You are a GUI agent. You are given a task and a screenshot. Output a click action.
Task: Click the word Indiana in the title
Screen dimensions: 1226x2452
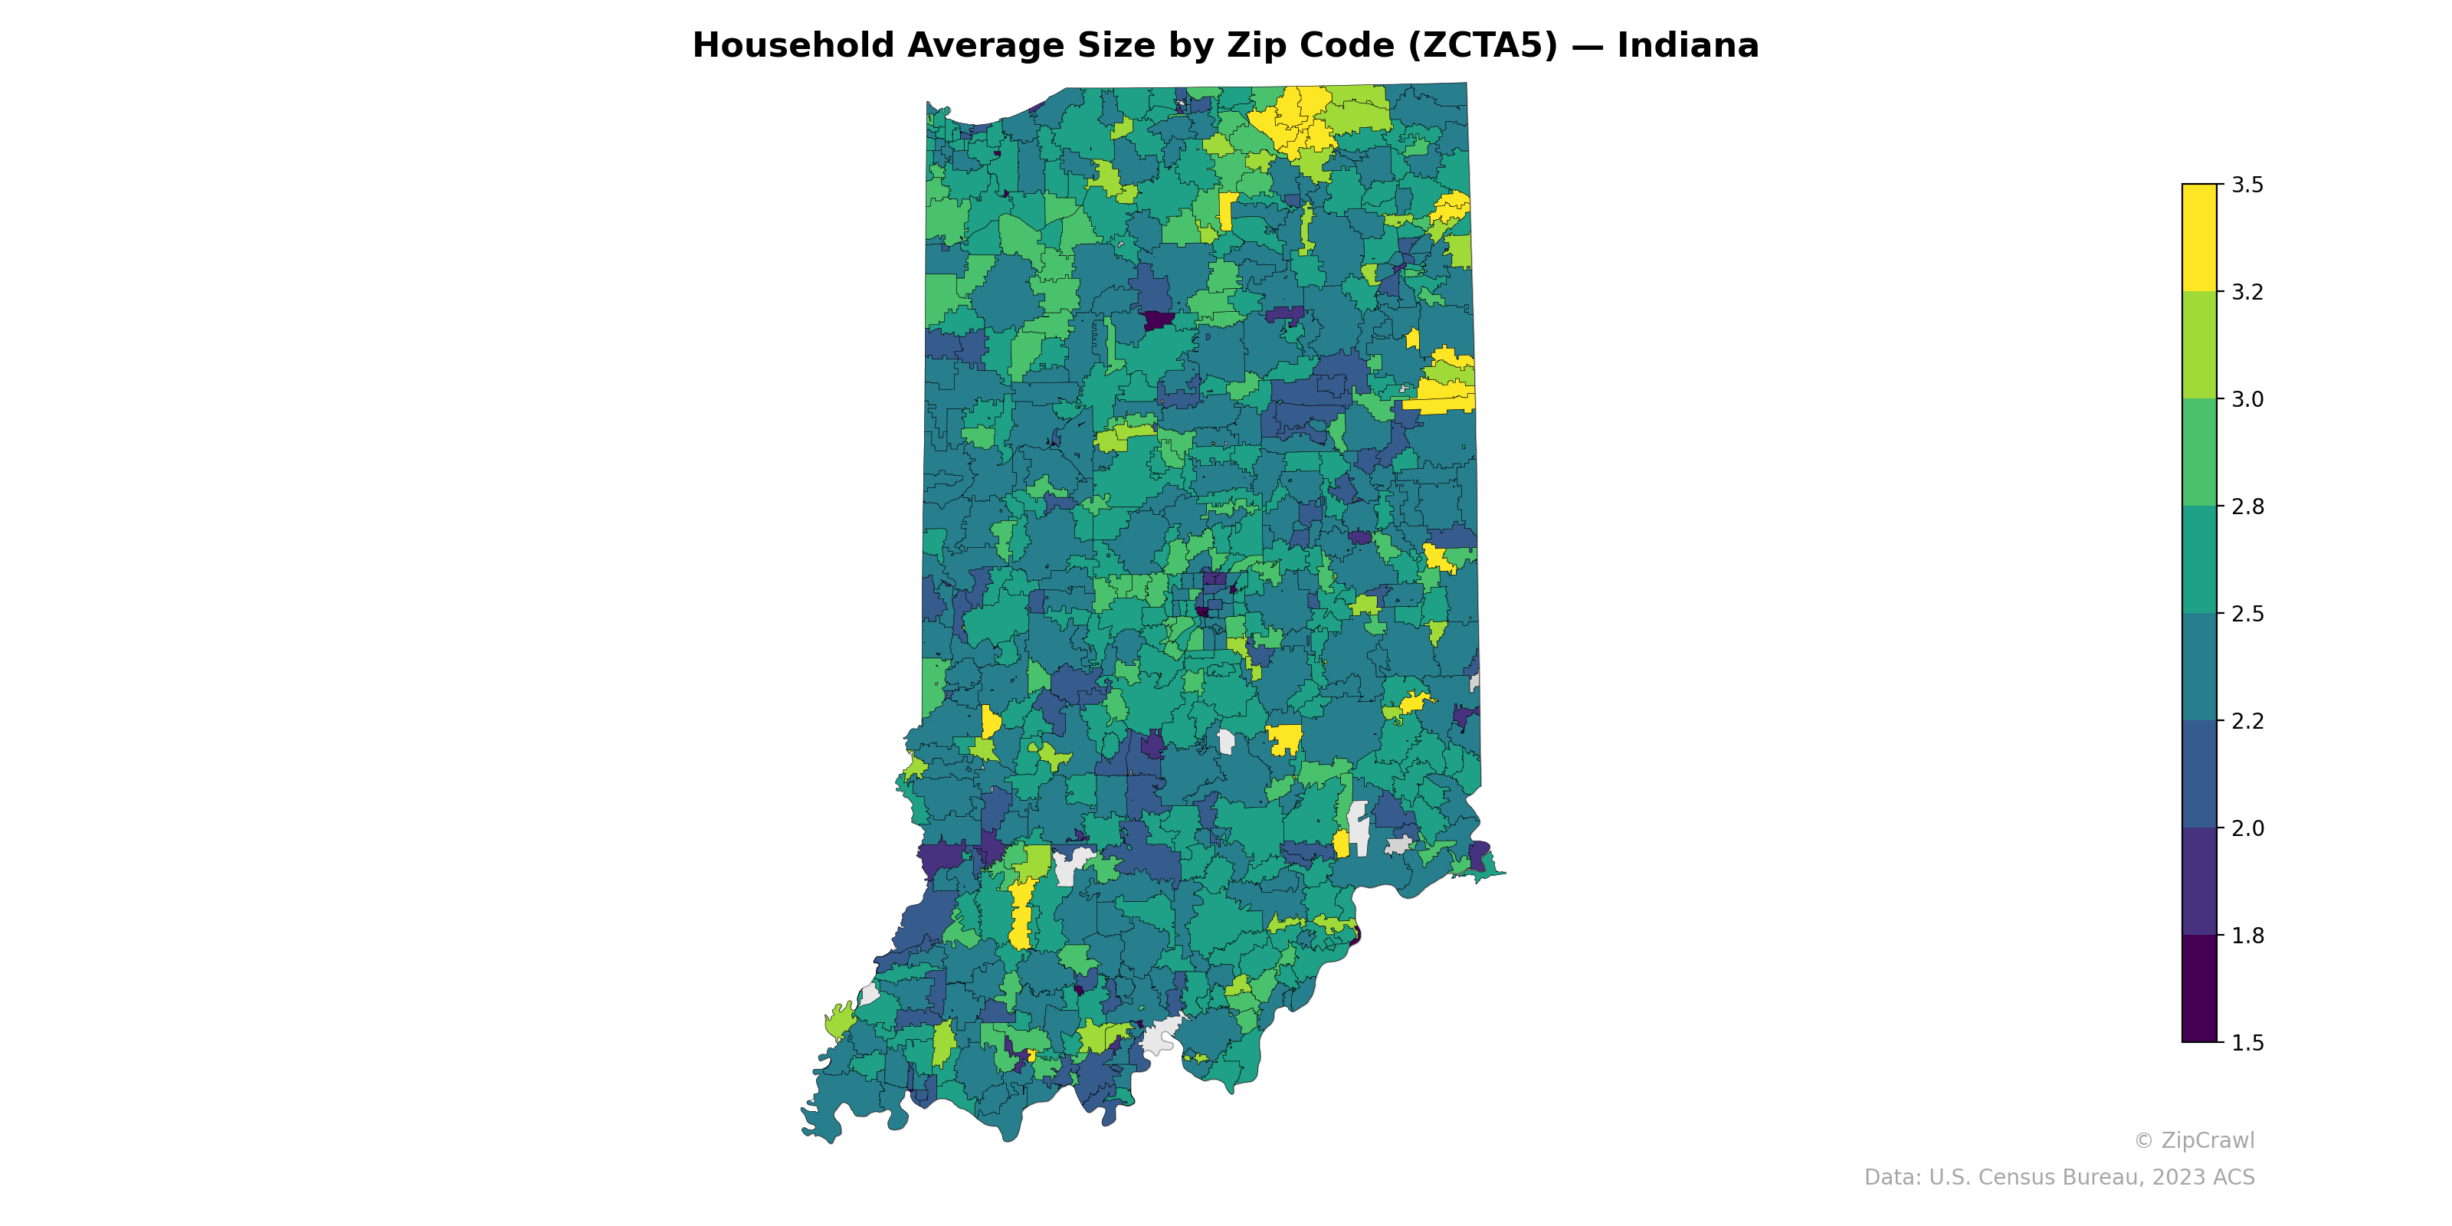(x=1687, y=46)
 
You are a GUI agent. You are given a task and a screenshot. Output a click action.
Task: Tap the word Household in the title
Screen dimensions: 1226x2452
(x=794, y=46)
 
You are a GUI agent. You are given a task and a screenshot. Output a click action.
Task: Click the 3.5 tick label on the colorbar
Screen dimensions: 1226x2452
(x=2247, y=185)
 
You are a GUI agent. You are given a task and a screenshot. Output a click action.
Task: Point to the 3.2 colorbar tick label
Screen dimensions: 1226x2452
(x=2247, y=292)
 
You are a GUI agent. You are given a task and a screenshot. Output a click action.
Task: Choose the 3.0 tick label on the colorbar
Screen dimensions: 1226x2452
(x=2247, y=400)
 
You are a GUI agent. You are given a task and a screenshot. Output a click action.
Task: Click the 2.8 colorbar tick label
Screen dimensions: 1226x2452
(x=2247, y=506)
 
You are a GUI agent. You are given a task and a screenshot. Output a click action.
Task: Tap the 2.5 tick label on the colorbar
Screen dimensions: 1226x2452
(x=2247, y=614)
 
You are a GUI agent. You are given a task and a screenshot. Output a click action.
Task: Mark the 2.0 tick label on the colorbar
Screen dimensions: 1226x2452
(x=2247, y=828)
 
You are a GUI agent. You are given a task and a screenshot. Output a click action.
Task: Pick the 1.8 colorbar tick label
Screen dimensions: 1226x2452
(x=2247, y=936)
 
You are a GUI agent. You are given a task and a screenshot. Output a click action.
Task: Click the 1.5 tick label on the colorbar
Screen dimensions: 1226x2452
(x=2247, y=1043)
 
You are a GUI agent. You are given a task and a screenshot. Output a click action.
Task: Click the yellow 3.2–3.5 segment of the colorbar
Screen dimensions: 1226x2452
(x=2199, y=238)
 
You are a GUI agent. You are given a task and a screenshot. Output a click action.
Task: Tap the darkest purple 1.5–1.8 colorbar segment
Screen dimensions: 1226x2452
(x=2199, y=989)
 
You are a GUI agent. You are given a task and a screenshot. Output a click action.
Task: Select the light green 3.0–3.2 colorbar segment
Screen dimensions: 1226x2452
(x=2199, y=346)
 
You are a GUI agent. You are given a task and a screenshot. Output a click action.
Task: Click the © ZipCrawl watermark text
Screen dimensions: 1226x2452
(x=2194, y=1140)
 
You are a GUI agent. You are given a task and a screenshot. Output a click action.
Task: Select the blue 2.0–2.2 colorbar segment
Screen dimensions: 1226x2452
(x=2199, y=775)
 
